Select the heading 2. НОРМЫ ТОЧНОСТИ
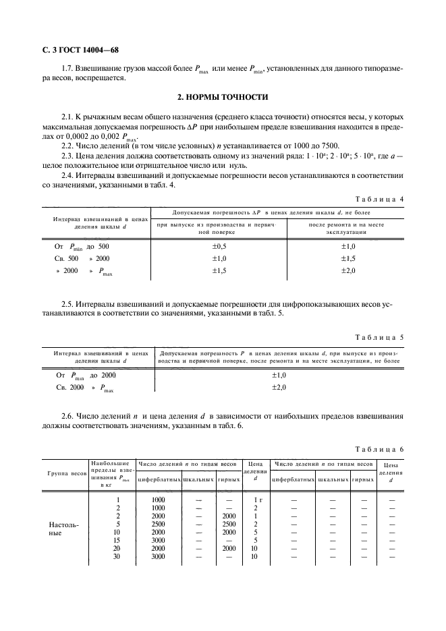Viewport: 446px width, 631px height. pyautogui.click(x=223, y=97)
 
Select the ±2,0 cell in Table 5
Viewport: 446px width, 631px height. pyautogui.click(x=279, y=388)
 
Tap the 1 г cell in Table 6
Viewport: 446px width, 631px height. pyautogui.click(x=256, y=500)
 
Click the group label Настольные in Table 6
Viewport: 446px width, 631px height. pyautogui.click(x=61, y=528)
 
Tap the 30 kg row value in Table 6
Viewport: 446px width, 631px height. pyautogui.click(x=117, y=556)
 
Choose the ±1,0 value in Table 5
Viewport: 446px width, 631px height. pyautogui.click(x=279, y=375)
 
